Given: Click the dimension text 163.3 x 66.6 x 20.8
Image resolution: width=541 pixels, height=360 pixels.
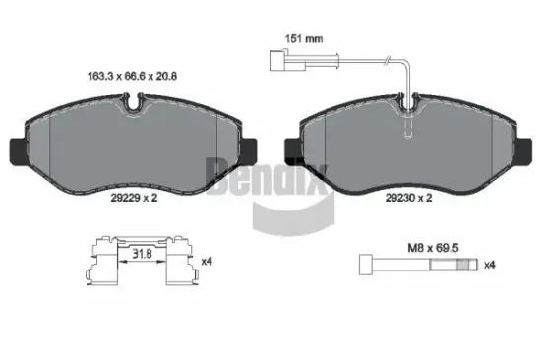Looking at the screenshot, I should point(134,72).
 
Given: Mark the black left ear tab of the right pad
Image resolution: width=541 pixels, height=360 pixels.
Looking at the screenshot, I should point(290,150).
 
